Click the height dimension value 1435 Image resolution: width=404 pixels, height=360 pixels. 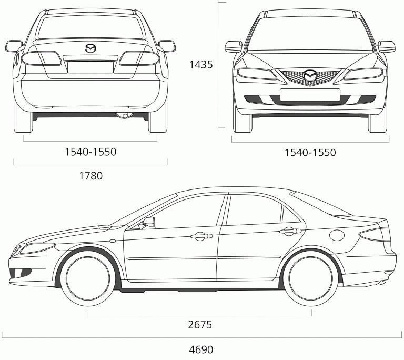point(201,64)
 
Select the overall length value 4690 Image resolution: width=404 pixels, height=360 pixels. point(201,349)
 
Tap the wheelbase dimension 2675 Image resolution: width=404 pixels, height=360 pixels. point(200,324)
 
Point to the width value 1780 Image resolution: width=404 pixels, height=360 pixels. point(90,176)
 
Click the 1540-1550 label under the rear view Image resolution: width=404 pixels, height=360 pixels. point(90,152)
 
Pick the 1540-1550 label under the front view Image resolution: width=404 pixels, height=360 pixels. point(310,153)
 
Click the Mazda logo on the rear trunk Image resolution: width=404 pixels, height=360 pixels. point(90,48)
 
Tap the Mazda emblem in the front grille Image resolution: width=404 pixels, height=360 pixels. point(310,75)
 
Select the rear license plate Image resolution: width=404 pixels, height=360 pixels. point(90,67)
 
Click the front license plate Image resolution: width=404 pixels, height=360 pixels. point(310,95)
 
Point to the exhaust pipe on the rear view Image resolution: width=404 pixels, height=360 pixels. point(125,115)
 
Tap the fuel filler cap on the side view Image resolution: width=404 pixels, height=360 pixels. point(337,235)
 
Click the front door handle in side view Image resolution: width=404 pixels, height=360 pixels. point(201,236)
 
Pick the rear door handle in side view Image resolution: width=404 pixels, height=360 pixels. point(290,231)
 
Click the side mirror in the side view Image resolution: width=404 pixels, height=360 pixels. point(147,223)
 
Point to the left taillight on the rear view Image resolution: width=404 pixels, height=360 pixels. point(41,58)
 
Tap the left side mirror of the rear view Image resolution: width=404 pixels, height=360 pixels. point(14,46)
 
